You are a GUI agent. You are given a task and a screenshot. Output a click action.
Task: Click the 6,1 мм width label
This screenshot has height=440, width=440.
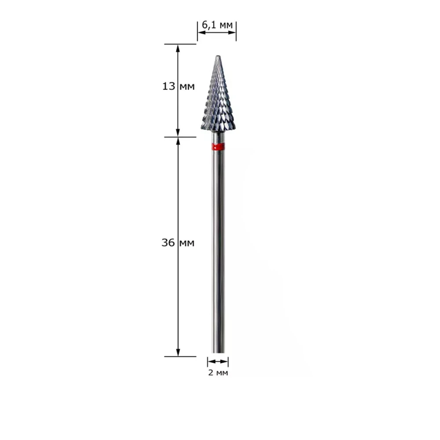point(217,25)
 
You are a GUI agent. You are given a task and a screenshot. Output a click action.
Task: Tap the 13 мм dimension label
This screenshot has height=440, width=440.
point(179,86)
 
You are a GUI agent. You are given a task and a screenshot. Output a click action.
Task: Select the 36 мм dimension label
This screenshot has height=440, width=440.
point(178,242)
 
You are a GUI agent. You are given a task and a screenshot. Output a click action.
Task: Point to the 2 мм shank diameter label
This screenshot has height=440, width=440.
point(218,373)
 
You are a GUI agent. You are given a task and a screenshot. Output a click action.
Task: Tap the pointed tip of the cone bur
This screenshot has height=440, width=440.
point(218,56)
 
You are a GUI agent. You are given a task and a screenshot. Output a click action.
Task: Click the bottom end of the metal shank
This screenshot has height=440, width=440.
point(218,352)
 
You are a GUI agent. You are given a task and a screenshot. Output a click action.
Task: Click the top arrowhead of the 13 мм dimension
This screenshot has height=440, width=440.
point(178,48)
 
